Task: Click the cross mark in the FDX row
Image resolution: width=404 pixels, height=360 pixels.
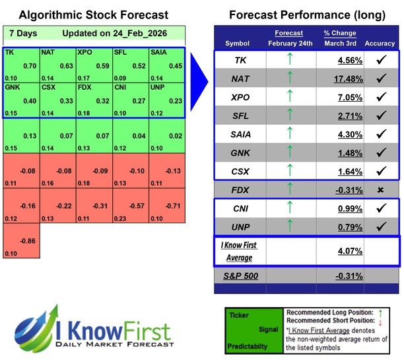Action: pyautogui.click(x=380, y=190)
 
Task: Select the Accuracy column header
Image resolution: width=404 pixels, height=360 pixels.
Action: pyautogui.click(x=379, y=44)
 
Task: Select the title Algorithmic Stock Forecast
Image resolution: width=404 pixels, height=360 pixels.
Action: pyautogui.click(x=93, y=15)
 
